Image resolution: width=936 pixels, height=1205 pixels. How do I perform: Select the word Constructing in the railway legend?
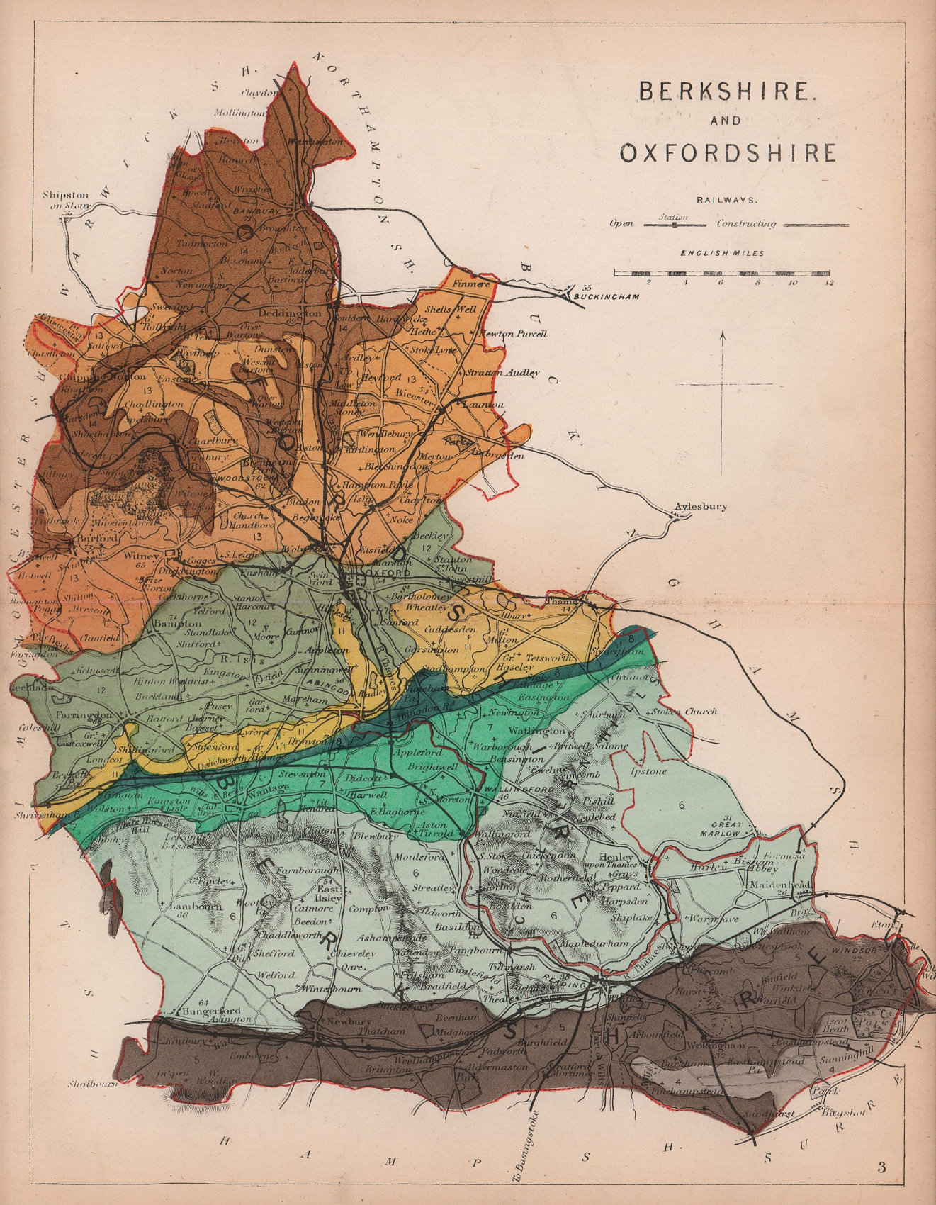(x=746, y=224)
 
